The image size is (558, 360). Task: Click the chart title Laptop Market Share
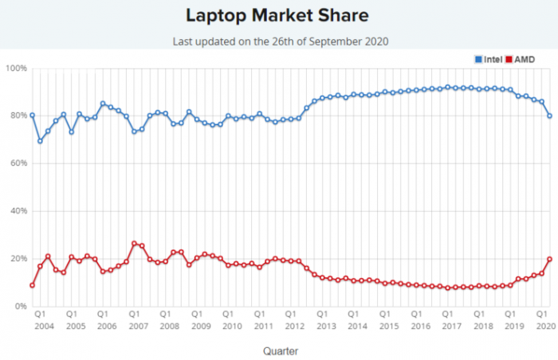[x=278, y=15]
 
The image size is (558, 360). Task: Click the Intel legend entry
[x=489, y=59]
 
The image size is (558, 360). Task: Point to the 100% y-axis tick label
[x=16, y=69]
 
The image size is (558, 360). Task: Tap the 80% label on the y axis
[x=18, y=116]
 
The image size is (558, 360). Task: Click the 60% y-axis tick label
[x=18, y=164]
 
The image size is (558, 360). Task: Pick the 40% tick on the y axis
[x=18, y=212]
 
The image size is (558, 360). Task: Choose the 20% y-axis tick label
[x=18, y=259]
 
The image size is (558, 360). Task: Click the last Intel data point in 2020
[x=549, y=116]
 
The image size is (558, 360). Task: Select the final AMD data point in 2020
[x=549, y=259]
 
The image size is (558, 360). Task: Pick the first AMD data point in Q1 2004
[x=32, y=285]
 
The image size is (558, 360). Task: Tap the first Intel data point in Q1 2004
[x=32, y=115]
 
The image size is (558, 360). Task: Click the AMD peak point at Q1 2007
[x=134, y=244]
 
